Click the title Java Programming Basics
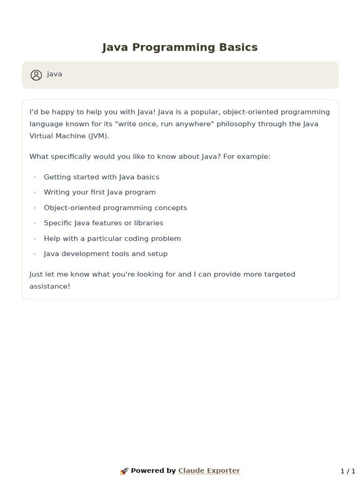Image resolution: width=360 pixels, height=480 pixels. [x=180, y=47]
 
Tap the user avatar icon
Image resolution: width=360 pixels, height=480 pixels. [x=36, y=75]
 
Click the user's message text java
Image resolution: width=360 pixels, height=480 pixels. [x=54, y=74]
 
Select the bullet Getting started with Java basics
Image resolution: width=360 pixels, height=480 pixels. [x=101, y=177]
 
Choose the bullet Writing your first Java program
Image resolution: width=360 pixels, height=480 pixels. [x=99, y=192]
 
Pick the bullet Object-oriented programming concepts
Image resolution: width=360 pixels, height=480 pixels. [x=115, y=208]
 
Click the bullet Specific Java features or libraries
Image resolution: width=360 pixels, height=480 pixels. [x=103, y=223]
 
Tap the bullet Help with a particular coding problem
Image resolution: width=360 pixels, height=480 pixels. [x=112, y=239]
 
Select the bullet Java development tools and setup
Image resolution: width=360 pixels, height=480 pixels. [x=105, y=254]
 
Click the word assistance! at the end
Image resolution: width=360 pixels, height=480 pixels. [x=50, y=286]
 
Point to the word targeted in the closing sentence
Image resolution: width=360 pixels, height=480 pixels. [x=279, y=274]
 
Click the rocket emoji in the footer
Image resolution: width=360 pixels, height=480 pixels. [x=124, y=471]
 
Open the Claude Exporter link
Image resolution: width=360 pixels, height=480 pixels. [x=209, y=471]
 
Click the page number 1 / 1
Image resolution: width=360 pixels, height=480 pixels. [x=348, y=471]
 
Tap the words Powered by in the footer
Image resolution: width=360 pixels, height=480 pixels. [x=153, y=471]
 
